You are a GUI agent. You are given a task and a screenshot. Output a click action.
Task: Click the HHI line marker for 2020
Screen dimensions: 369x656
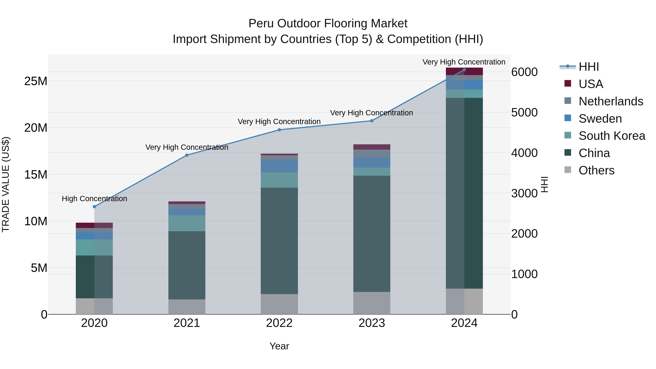tap(94, 206)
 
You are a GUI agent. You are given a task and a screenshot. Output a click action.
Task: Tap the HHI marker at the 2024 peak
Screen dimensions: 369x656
tap(464, 70)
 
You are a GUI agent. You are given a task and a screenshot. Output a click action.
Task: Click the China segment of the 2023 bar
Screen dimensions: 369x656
tap(372, 234)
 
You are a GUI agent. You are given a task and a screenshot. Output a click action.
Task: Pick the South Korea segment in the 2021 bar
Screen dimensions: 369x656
tap(187, 223)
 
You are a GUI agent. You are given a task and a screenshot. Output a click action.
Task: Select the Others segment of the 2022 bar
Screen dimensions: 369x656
tap(279, 304)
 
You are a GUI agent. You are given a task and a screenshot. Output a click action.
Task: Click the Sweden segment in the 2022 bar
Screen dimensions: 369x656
tap(279, 166)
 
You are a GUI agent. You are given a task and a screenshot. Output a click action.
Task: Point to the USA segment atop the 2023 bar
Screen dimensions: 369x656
tap(372, 147)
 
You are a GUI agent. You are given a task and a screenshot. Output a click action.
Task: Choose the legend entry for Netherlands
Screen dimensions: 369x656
tap(611, 101)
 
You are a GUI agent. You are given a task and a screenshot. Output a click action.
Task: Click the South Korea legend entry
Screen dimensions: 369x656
tap(612, 136)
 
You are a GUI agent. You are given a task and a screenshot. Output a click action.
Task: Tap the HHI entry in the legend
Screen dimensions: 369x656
tap(589, 67)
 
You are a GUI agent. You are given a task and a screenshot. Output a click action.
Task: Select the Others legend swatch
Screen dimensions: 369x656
tap(568, 170)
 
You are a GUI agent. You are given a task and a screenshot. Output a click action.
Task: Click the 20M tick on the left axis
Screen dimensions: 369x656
tap(36, 128)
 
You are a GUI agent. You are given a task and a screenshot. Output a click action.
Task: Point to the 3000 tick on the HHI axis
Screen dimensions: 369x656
tap(524, 193)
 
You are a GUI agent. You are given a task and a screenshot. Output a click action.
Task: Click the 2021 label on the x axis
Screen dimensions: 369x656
tap(187, 323)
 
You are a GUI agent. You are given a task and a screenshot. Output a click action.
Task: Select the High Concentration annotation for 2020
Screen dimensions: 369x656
tap(94, 199)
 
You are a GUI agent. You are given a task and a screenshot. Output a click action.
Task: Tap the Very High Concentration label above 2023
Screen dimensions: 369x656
tap(372, 113)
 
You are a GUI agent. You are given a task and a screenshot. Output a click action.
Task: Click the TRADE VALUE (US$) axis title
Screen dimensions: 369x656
tap(6, 184)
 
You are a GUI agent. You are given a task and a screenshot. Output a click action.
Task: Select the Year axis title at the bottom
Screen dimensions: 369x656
tap(279, 346)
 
